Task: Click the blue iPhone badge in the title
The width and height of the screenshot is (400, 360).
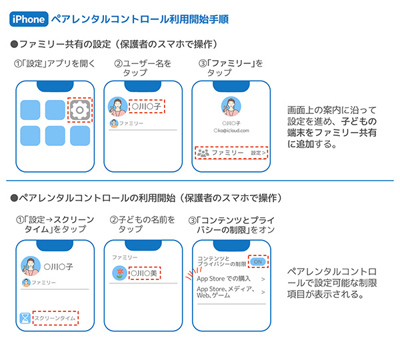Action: (x=28, y=19)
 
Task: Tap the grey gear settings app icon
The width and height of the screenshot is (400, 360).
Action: (x=80, y=109)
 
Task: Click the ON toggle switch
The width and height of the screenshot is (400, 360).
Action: (x=259, y=261)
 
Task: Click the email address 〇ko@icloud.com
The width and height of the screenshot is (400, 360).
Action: (x=231, y=131)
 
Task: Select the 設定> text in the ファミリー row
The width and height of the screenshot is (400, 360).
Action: (x=258, y=153)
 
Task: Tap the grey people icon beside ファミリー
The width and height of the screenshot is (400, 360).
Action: (x=204, y=153)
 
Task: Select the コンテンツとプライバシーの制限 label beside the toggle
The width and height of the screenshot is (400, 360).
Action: (x=220, y=261)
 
